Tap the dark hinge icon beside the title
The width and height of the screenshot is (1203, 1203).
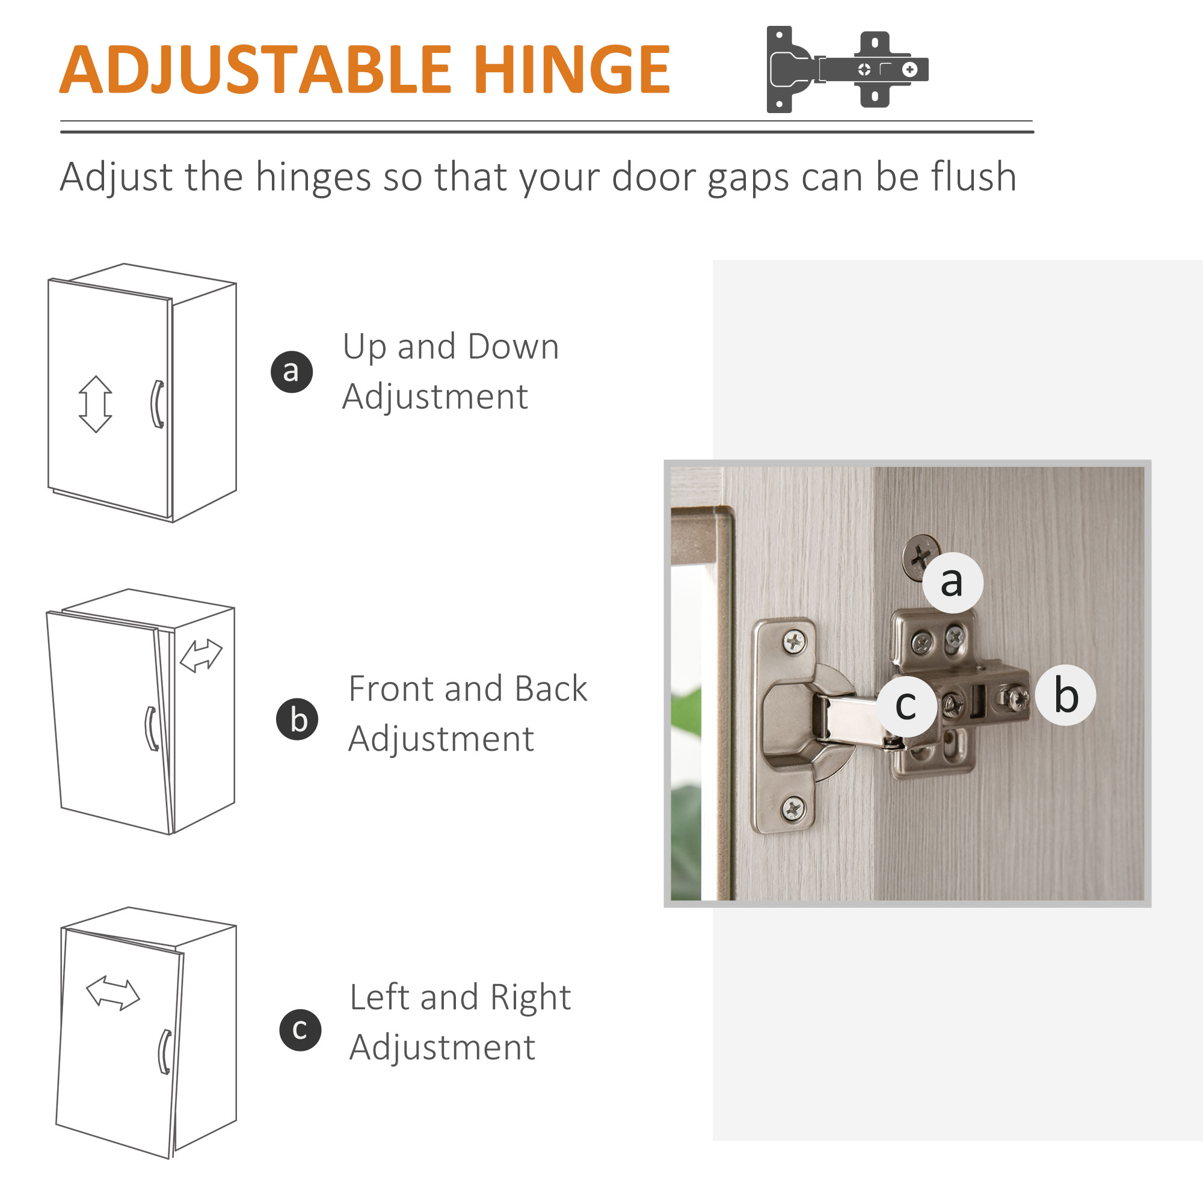[x=847, y=69]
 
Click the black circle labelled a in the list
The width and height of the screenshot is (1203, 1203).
[x=291, y=372]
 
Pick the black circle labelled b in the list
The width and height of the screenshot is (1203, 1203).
[x=297, y=719]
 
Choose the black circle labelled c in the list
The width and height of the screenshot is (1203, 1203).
[x=300, y=1030]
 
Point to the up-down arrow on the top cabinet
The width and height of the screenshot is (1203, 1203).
[x=95, y=404]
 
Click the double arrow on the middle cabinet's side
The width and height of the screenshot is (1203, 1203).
[x=200, y=656]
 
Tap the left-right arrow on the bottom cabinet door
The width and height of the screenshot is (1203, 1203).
[x=112, y=992]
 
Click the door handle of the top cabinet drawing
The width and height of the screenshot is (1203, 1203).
[x=158, y=404]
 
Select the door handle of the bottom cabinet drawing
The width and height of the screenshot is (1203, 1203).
[x=165, y=1051]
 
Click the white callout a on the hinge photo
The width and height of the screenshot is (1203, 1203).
[x=952, y=582]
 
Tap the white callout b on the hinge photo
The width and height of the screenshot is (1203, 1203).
[x=1066, y=695]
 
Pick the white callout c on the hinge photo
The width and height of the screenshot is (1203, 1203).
[x=906, y=706]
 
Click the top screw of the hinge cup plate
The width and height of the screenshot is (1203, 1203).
[x=794, y=641]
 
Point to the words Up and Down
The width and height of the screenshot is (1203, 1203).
[x=451, y=346]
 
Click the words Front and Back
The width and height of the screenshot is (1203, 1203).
[x=467, y=689]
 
